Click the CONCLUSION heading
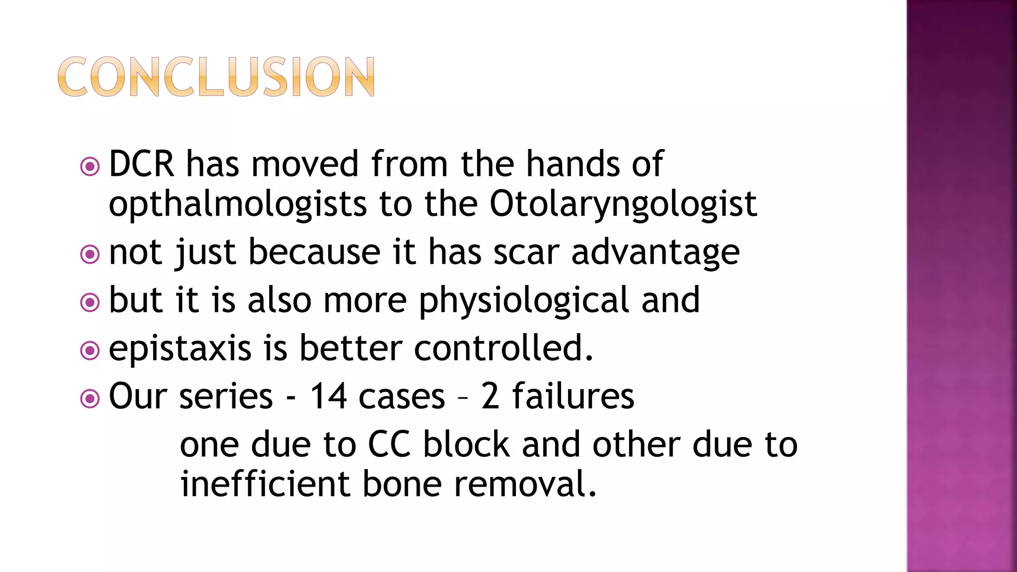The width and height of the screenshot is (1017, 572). tap(216, 76)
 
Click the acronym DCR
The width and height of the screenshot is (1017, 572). tap(142, 164)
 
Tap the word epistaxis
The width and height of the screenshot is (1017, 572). tap(180, 349)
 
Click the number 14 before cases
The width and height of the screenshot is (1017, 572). tap(328, 396)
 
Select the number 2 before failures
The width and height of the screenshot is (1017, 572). tap(490, 396)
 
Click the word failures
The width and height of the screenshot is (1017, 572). tap(573, 396)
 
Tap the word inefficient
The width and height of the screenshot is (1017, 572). tap(265, 484)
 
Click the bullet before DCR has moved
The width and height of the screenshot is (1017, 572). tap(90, 166)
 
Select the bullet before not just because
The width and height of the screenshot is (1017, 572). tap(90, 254)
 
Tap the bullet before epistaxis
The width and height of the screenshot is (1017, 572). tap(90, 351)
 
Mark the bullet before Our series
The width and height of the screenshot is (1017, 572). tap(90, 398)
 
